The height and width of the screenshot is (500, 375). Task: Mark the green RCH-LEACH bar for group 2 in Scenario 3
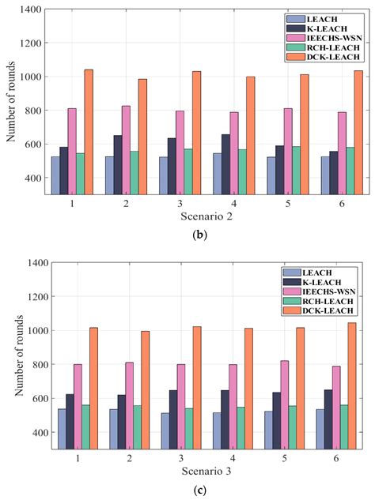click(x=138, y=427)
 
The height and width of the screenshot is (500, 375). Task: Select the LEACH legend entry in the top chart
click(x=318, y=17)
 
